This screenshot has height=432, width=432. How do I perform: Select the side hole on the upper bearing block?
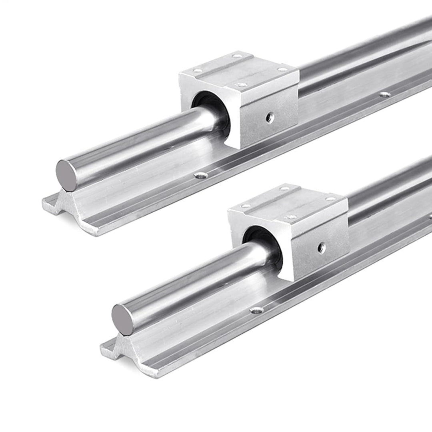[x=270, y=118]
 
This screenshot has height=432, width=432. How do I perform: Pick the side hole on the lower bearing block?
[x=321, y=248]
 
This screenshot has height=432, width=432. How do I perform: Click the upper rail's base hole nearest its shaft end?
[x=201, y=175]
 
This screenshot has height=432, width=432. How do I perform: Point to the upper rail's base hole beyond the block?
[x=385, y=95]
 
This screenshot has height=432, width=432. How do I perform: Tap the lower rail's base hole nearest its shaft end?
[x=256, y=310]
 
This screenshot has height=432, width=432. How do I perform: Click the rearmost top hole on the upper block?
[x=238, y=56]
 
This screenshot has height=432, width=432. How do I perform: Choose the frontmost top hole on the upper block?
[x=241, y=84]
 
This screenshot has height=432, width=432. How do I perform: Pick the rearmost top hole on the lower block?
[x=285, y=188]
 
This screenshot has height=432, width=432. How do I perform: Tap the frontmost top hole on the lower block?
[x=291, y=216]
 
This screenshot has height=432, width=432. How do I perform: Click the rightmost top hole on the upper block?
[x=282, y=69]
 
